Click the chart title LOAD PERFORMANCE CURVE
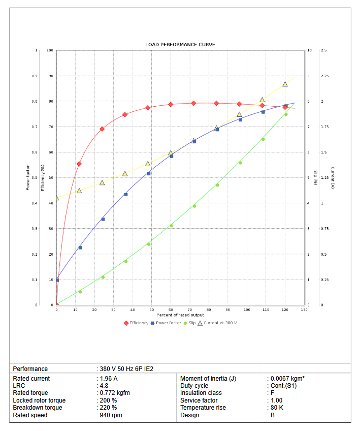pos(180,45)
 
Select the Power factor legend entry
pos(168,323)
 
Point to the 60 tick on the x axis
pos(171,310)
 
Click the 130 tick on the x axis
pos(304,310)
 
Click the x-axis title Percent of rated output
pos(180,315)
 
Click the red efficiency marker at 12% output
pos(79,164)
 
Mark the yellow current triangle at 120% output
pos(285,84)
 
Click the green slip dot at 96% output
pos(240,163)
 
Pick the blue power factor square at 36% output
pos(125,194)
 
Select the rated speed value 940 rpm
pos(111,415)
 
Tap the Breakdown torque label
pos(38,408)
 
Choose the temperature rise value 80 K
pos(277,408)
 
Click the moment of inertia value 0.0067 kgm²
pos(287,379)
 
